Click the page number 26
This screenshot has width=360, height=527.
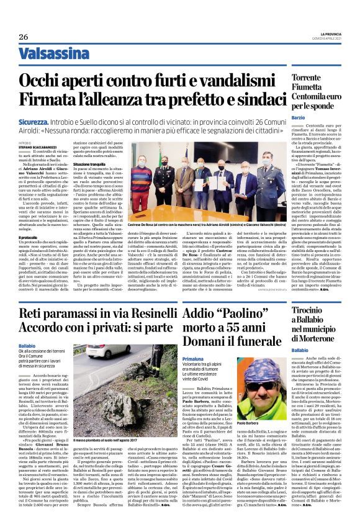coord(23,37)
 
